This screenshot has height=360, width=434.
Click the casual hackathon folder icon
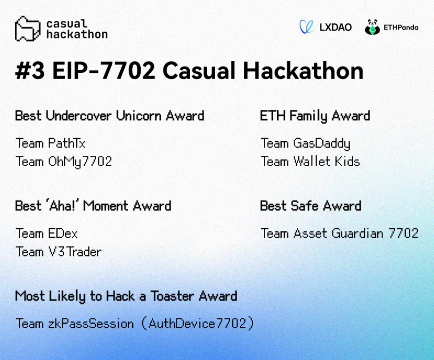click(x=28, y=29)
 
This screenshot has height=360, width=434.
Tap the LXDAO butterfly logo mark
click(x=307, y=27)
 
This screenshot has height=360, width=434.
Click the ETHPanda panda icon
click(x=372, y=27)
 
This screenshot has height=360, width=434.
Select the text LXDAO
click(x=335, y=27)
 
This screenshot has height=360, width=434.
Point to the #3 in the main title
click(x=29, y=71)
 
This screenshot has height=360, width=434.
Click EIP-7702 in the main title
click(x=104, y=71)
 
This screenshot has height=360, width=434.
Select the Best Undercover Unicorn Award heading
click(x=109, y=116)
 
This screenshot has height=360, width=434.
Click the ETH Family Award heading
click(x=315, y=116)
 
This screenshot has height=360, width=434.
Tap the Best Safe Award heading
click(x=311, y=206)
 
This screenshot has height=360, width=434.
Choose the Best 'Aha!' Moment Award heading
click(x=93, y=206)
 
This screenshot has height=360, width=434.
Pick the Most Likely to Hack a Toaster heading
click(x=126, y=296)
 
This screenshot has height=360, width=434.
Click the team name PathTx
click(x=67, y=143)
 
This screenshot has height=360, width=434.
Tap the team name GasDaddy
click(x=321, y=144)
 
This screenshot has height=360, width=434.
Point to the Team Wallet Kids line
click(x=310, y=162)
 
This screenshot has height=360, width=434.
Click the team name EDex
click(x=63, y=234)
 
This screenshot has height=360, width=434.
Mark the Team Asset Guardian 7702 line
click(x=340, y=234)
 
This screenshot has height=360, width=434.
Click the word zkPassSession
click(x=91, y=324)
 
